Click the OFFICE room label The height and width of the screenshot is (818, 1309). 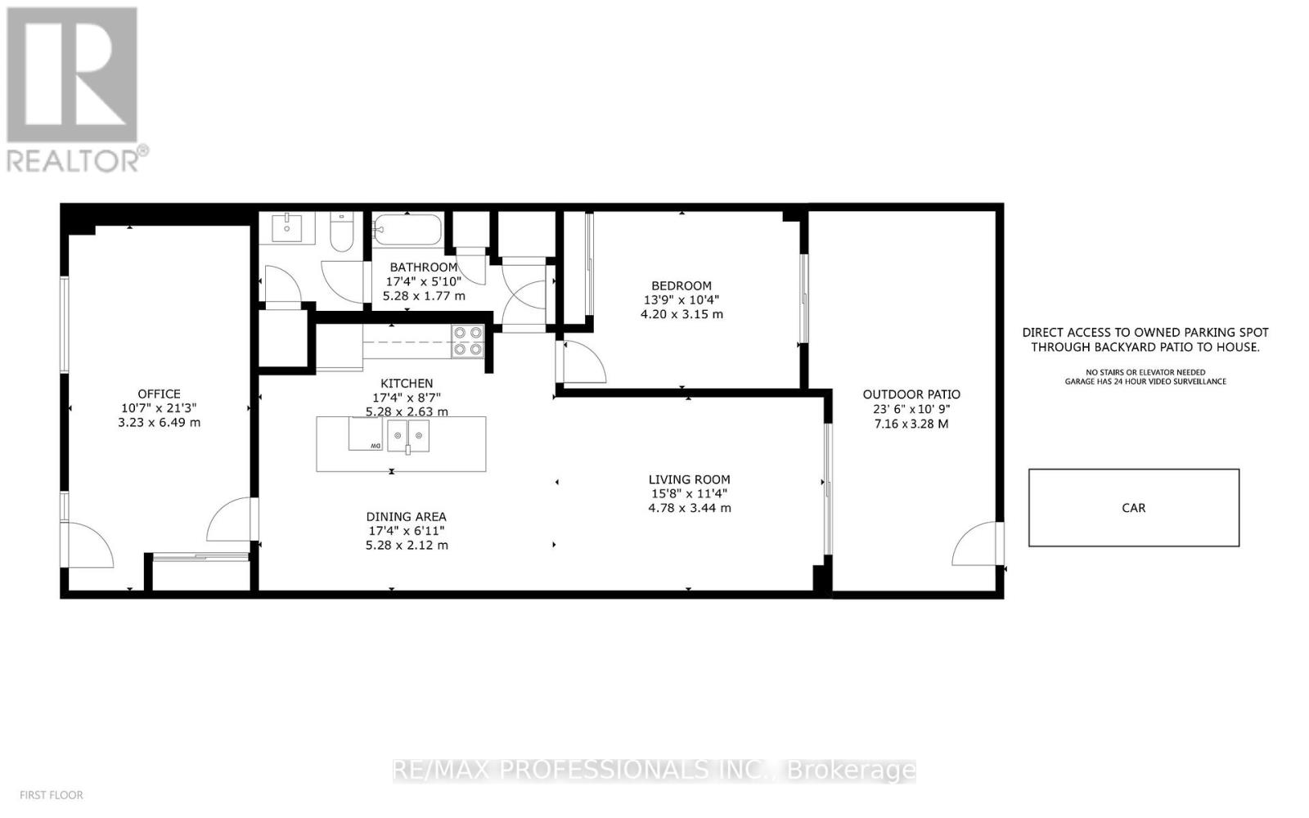(x=159, y=393)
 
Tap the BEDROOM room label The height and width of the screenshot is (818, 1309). (x=682, y=285)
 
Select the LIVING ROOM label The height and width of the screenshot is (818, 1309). (x=689, y=479)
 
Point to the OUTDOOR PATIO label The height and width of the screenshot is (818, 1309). (x=911, y=394)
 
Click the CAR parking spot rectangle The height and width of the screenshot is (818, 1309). (x=1133, y=507)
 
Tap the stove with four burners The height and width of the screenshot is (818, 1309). (x=468, y=341)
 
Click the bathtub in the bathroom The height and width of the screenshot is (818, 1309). (x=407, y=228)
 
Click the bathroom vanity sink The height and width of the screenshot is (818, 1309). (x=287, y=227)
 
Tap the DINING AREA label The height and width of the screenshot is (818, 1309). (x=406, y=516)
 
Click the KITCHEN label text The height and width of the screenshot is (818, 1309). (x=407, y=383)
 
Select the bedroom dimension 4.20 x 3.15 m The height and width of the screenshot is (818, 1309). (x=681, y=314)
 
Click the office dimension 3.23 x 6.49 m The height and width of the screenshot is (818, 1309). (x=159, y=423)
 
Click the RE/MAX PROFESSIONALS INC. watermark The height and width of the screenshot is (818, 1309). (x=654, y=770)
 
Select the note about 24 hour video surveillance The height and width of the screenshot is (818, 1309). (x=1145, y=381)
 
